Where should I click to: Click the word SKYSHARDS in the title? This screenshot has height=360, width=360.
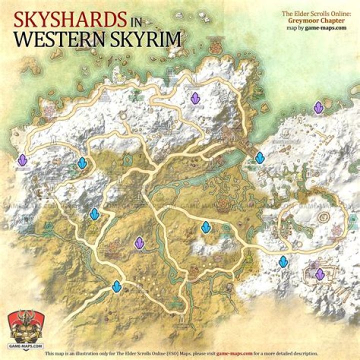[69, 20]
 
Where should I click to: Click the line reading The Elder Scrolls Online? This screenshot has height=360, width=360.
[319, 15]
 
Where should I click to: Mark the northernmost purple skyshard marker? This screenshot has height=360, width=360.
[195, 98]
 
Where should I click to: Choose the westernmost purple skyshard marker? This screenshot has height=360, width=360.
[22, 160]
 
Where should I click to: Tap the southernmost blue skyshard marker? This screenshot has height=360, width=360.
[117, 286]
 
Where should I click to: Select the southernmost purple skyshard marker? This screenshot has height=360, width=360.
[319, 274]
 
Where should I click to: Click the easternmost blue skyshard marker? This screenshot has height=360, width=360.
[283, 261]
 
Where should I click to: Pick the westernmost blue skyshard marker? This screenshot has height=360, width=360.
[82, 163]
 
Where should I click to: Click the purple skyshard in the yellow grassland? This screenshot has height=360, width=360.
[139, 243]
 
